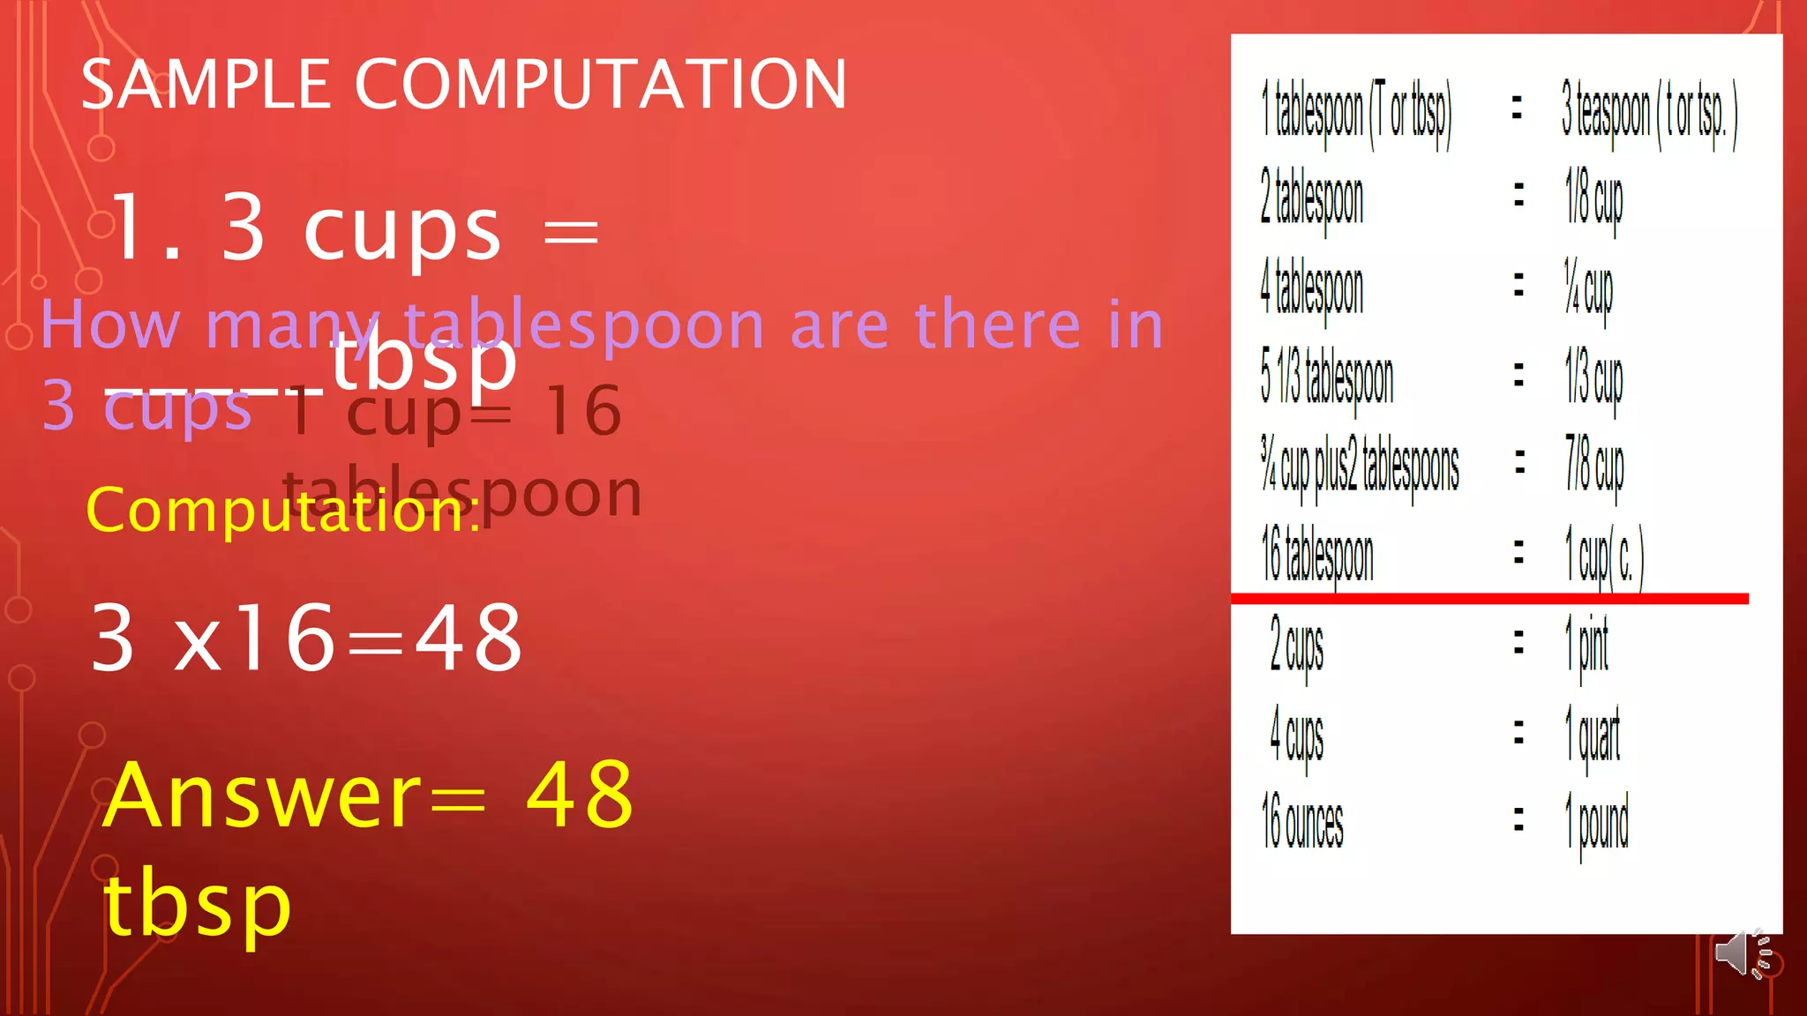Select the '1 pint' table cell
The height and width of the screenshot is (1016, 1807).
1586,646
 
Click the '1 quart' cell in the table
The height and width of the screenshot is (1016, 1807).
1593,734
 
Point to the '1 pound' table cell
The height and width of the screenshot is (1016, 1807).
1597,822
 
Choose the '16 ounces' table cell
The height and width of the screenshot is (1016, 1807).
1302,822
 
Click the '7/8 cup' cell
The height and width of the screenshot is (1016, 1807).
1594,466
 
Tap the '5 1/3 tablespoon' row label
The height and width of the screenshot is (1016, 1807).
1327,379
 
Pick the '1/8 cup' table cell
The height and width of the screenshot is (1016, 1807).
1593,199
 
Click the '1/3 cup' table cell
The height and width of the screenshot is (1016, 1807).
1593,379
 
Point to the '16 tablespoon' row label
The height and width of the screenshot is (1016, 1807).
1317,556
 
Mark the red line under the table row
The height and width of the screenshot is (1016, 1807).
1489,599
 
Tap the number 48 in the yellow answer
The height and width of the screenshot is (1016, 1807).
580,796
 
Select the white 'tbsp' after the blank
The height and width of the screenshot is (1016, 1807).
424,362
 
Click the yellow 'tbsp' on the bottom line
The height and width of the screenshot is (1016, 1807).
198,906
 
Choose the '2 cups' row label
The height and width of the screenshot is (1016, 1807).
1296,646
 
